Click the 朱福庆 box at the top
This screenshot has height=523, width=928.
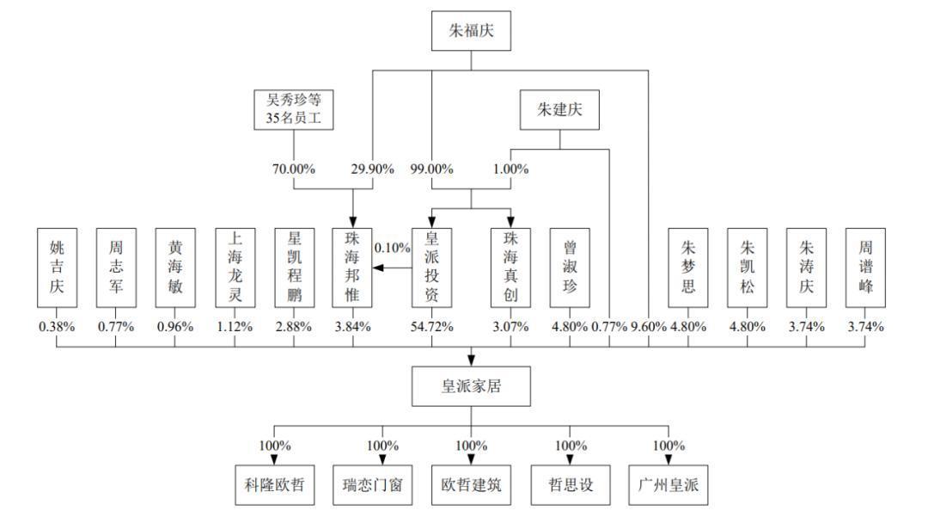point(471,31)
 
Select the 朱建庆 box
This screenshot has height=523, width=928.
point(559,109)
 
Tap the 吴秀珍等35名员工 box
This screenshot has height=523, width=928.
point(294,109)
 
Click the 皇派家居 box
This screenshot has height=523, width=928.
point(471,386)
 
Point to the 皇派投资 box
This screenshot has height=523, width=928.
point(431,268)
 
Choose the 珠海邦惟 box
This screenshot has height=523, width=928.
point(352,268)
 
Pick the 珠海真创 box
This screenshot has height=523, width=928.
point(510,268)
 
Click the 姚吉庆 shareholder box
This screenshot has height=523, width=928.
point(57,268)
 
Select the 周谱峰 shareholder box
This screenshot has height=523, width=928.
point(865,268)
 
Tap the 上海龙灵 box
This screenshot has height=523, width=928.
point(235,268)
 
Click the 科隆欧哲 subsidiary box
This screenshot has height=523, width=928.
point(275,485)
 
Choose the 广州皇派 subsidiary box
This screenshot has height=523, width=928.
point(669,485)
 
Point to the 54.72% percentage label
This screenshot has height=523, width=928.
point(432,326)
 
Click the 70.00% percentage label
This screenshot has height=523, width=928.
point(294,169)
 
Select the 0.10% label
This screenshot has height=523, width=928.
point(392,248)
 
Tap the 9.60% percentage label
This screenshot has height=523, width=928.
point(649,326)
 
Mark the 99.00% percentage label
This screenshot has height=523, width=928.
point(432,169)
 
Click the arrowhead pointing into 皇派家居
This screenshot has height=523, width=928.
point(471,360)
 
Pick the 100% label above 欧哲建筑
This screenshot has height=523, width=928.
point(471,446)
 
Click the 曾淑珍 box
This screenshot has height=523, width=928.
point(570,268)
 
